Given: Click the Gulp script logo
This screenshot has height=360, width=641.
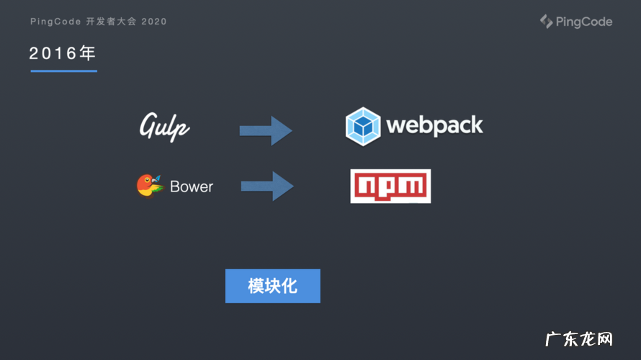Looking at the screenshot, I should point(165,126).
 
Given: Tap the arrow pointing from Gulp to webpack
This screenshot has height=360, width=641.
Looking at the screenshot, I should point(266,130).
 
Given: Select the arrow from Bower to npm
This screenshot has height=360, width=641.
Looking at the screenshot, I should point(267,186).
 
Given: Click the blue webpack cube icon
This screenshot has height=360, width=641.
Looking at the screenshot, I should point(363,125).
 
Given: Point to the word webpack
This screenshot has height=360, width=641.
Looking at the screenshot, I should point(434,125).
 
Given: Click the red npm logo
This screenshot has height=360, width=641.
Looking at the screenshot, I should point(390,186).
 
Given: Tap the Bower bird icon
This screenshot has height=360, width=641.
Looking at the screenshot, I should point(150,186).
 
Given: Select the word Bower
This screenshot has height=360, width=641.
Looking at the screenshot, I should point(192,186).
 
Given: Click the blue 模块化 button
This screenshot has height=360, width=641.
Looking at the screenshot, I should point(272,286).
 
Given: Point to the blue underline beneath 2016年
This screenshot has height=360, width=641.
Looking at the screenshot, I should point(63,71).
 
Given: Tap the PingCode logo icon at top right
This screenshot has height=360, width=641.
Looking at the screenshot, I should point(547,22).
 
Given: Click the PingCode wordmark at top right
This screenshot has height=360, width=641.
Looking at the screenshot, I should point(584,22).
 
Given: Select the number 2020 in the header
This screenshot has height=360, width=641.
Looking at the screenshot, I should point(154,22).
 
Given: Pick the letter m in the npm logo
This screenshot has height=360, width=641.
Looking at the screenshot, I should point(413,186).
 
